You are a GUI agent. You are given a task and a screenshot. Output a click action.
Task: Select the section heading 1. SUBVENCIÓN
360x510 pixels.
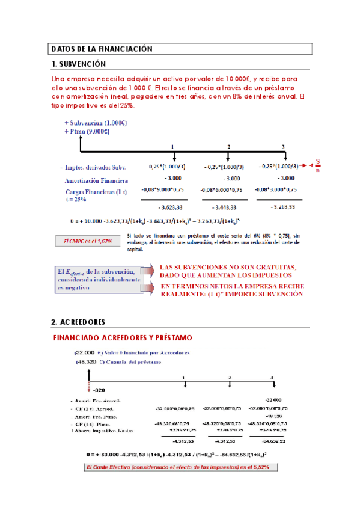(79, 64)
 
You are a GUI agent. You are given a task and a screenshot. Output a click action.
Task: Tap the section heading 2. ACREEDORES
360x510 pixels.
(78, 321)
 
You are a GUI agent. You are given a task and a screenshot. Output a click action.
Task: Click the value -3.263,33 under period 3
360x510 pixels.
(281, 207)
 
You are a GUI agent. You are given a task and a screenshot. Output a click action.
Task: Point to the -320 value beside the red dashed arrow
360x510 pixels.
(97, 390)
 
